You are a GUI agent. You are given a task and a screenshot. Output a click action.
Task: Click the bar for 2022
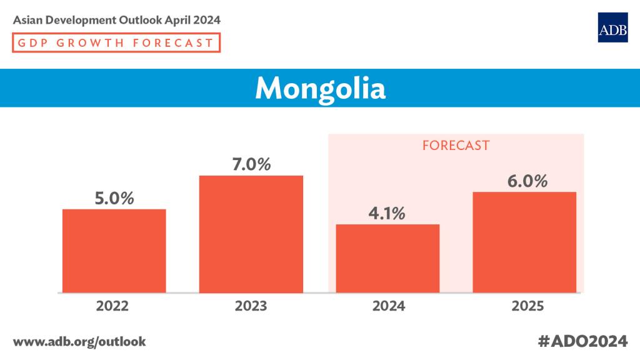114,251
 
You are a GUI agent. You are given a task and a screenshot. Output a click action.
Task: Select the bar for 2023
251,234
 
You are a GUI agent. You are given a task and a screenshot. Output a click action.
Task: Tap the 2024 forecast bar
387,258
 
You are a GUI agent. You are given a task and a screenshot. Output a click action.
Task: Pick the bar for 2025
524,242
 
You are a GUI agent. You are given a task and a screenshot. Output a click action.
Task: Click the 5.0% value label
114,198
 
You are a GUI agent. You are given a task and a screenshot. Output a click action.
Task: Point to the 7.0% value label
251,164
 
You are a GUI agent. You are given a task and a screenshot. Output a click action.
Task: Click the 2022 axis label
112,306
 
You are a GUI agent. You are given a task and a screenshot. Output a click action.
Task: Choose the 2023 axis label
251,306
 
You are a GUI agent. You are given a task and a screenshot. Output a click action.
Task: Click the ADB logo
612,27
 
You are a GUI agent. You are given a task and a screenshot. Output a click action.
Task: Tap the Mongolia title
320,88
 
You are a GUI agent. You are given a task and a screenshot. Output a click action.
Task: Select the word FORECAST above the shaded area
456,146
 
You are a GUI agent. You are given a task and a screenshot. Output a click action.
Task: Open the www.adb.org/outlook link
79,341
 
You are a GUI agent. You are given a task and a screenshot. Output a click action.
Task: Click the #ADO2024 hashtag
582,341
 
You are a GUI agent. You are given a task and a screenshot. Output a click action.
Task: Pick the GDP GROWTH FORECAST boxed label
116,43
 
